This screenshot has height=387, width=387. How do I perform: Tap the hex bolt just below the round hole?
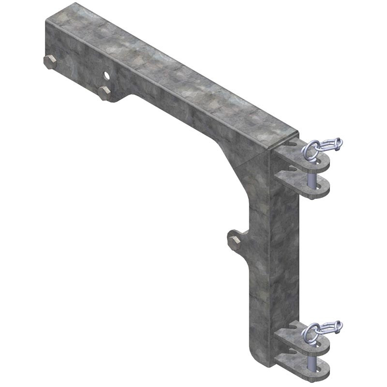(x=104, y=92)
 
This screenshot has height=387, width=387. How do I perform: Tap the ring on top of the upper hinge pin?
(x=312, y=150)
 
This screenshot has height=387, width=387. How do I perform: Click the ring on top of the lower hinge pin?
(x=312, y=332)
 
